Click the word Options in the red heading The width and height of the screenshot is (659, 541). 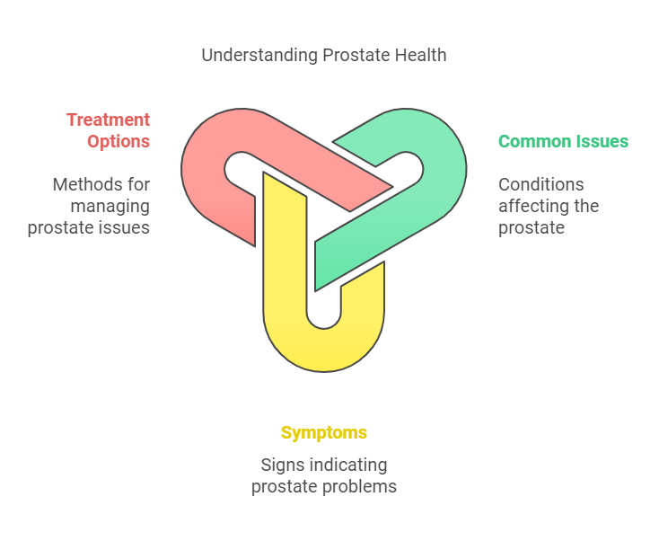(x=119, y=141)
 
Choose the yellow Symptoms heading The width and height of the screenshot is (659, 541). (x=324, y=432)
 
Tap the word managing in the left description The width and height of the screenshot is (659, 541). (x=110, y=206)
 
